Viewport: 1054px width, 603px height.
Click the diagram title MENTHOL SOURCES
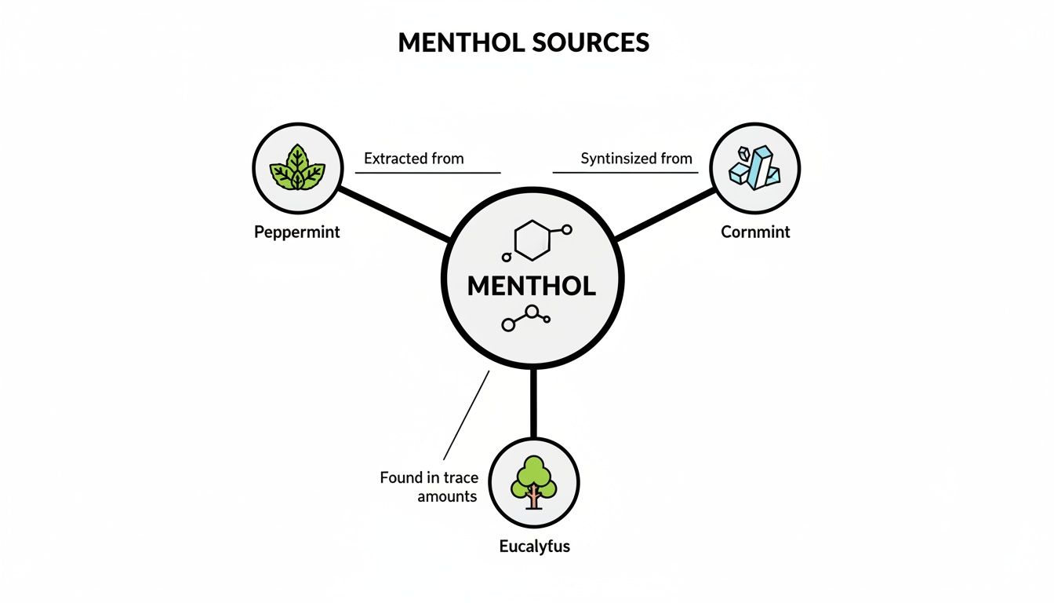pyautogui.click(x=524, y=42)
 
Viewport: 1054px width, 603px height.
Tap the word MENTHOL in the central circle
pyautogui.click(x=532, y=286)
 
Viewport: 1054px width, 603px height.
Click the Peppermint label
pyautogui.click(x=297, y=233)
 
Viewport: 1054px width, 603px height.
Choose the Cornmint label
pyautogui.click(x=755, y=232)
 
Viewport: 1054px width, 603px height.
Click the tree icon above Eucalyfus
pyautogui.click(x=533, y=481)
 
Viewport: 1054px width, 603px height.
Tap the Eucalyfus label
pyautogui.click(x=534, y=546)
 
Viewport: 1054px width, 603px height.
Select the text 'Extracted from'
pyautogui.click(x=414, y=159)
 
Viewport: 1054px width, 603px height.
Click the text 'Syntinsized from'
pyautogui.click(x=637, y=159)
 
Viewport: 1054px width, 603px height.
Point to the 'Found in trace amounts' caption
pyautogui.click(x=428, y=487)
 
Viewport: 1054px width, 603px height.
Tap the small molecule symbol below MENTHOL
pyautogui.click(x=525, y=318)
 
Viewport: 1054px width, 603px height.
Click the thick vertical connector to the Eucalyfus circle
pyautogui.click(x=533, y=403)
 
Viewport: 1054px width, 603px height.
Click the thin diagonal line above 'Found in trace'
pyautogui.click(x=466, y=415)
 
